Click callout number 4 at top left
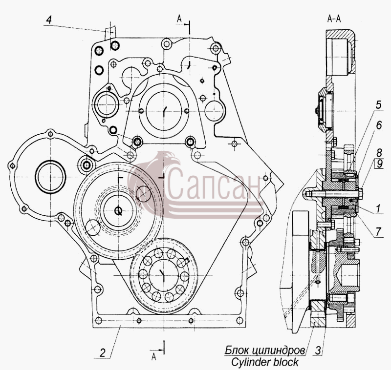pos(49,20)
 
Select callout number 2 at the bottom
pos(103,353)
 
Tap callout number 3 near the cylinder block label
pos(318,350)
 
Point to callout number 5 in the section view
pos(378,105)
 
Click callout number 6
pos(379,125)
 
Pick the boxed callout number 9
pos(380,164)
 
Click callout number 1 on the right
pos(378,208)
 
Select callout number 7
pos(378,232)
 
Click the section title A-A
pos(334,19)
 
